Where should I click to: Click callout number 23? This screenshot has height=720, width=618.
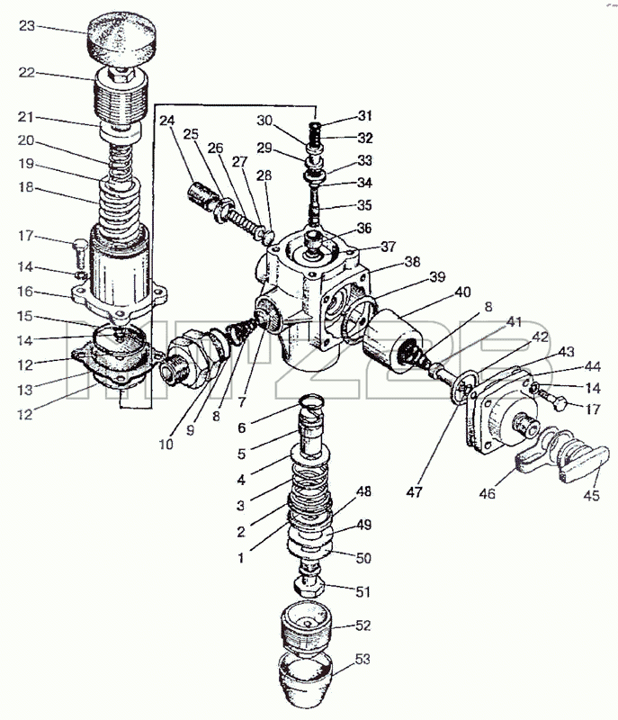click(x=27, y=26)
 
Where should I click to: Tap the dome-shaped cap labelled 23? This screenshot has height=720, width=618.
click(x=122, y=39)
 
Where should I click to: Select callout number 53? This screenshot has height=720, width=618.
click(x=363, y=659)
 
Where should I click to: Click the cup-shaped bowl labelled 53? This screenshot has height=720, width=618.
click(x=306, y=680)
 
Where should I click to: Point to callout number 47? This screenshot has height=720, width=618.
click(x=414, y=492)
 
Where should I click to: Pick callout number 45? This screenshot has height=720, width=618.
click(x=591, y=496)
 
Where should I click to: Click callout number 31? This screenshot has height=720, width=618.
click(x=364, y=116)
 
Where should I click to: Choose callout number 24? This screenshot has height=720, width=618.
click(x=167, y=121)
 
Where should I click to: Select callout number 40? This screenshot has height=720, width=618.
click(x=462, y=292)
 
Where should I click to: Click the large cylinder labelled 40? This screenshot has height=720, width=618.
click(x=392, y=339)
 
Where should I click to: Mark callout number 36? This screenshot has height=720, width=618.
click(x=364, y=229)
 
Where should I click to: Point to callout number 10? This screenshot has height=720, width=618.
click(x=166, y=444)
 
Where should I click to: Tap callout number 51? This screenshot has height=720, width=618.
click(x=363, y=592)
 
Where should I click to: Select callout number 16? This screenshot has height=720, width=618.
click(x=26, y=291)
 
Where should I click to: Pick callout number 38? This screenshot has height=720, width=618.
click(x=413, y=261)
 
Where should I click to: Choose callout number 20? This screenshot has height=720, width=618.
click(x=26, y=140)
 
